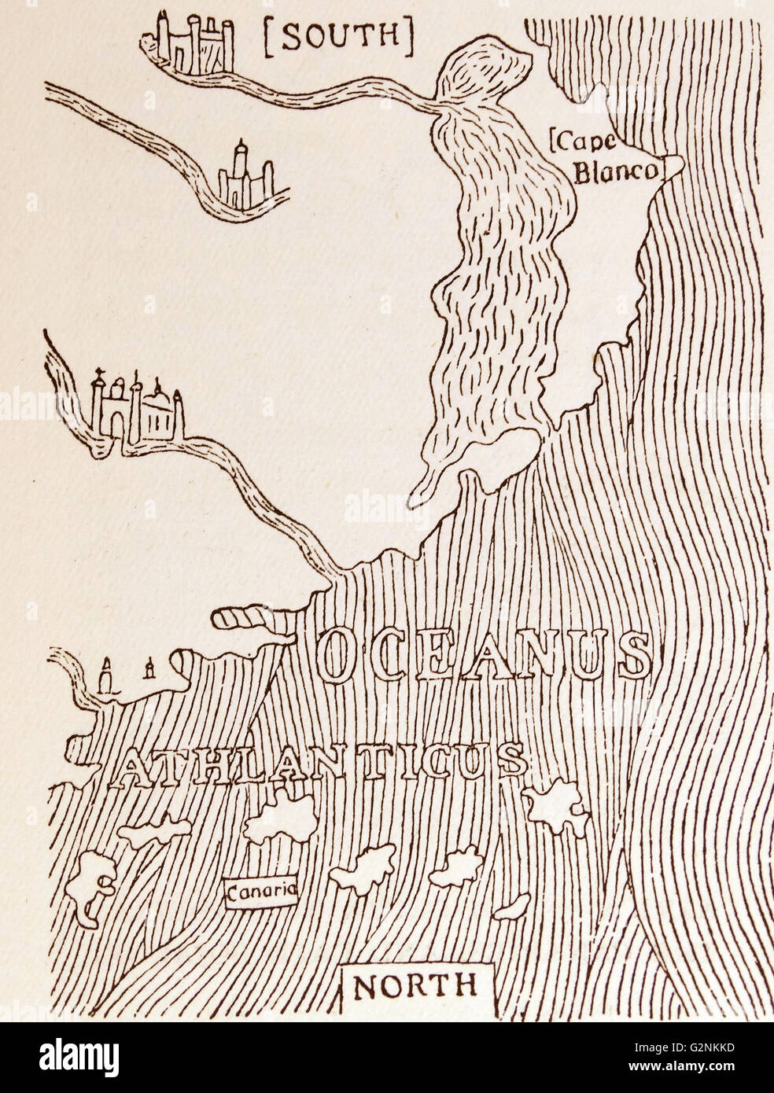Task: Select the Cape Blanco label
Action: point(606,158)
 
